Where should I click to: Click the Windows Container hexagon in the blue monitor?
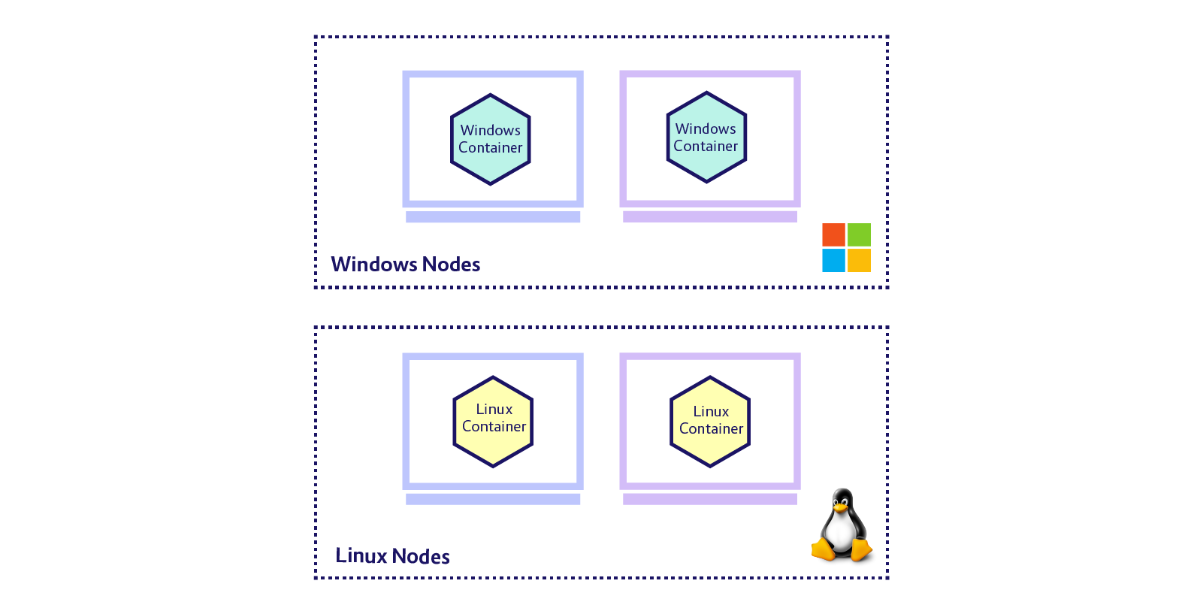tap(490, 139)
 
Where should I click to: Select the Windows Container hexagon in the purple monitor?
tap(706, 138)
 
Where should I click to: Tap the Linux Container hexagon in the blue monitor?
tap(493, 422)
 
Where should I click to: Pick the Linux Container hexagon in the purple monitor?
tap(710, 422)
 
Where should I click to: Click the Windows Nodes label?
tap(405, 265)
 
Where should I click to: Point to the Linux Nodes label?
tap(392, 556)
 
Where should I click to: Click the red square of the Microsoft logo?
tap(833, 234)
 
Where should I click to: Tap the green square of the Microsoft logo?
tap(859, 234)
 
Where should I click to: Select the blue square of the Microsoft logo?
tap(833, 260)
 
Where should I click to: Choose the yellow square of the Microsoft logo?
tap(859, 260)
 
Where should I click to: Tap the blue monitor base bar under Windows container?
tap(493, 217)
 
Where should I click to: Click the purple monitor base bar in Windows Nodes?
tap(710, 217)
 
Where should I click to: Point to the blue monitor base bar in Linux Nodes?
tap(493, 499)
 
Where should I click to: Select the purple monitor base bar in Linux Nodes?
tap(710, 499)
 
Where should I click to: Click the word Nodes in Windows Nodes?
tap(451, 265)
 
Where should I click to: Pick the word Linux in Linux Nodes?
tap(361, 556)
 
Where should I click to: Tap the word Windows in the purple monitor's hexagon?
tap(706, 129)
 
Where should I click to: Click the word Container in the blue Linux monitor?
tap(494, 427)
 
